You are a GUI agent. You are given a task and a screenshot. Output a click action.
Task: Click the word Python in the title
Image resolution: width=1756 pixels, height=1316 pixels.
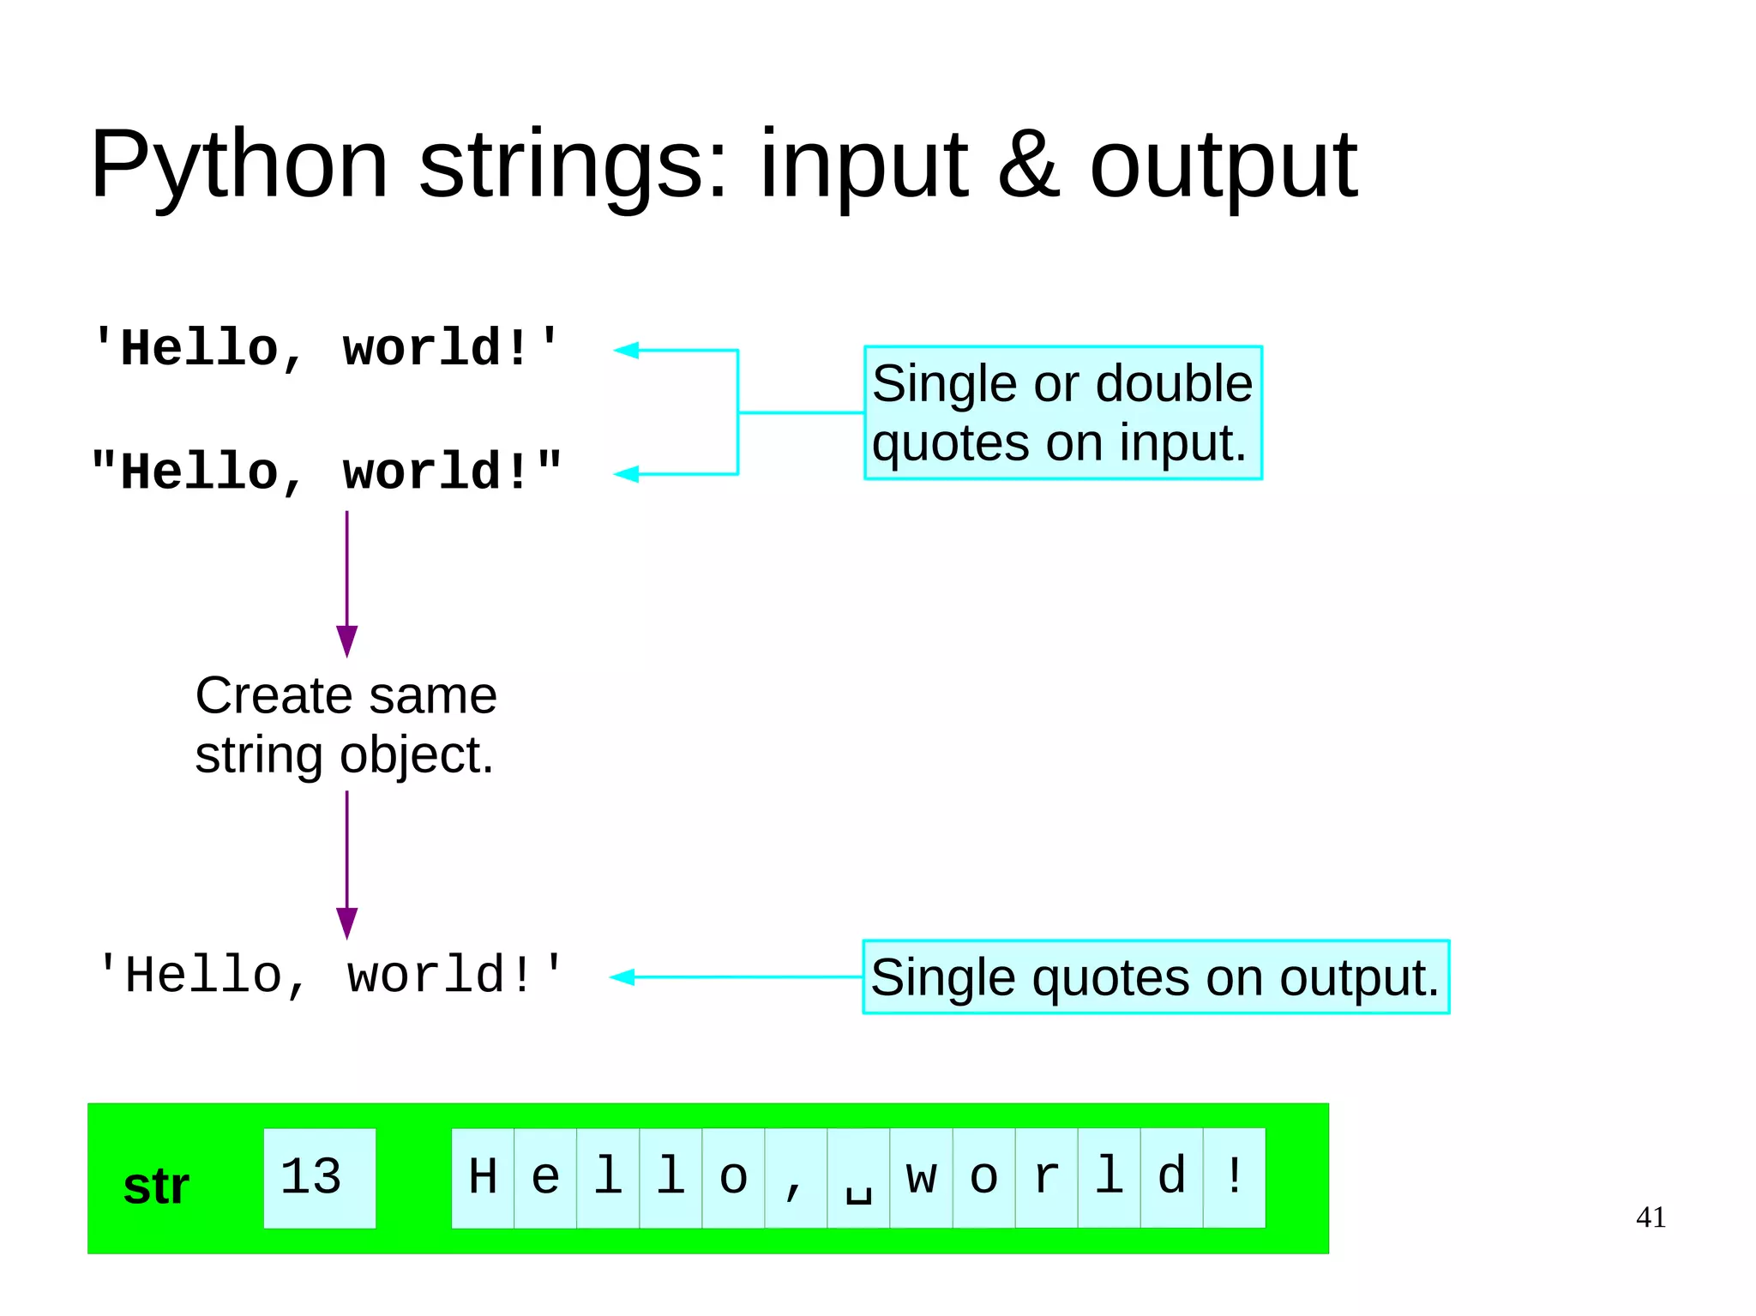click(x=239, y=164)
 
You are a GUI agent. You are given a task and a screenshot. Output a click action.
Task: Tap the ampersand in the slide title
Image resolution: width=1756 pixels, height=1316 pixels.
click(x=1028, y=164)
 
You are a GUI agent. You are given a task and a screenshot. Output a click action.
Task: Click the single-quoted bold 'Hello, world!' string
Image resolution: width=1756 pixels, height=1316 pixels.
click(x=326, y=349)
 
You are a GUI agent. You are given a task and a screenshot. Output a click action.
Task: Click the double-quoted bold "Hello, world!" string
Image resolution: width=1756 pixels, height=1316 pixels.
click(x=326, y=472)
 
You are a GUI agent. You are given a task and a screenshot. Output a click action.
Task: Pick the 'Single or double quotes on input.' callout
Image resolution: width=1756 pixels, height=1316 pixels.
click(x=1062, y=412)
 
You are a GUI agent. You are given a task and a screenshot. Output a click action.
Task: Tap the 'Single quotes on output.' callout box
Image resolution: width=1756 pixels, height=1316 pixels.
click(x=1155, y=976)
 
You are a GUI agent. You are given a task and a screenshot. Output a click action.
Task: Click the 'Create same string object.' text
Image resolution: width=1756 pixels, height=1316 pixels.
click(x=346, y=724)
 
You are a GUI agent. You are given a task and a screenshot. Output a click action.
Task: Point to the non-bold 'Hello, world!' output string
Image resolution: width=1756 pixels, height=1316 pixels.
click(x=330, y=975)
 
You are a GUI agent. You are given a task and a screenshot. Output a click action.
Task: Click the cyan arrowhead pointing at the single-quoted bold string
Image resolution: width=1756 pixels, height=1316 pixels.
click(x=626, y=350)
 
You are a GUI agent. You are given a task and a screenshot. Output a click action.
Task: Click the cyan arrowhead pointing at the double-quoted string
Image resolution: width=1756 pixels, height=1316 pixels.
click(x=626, y=473)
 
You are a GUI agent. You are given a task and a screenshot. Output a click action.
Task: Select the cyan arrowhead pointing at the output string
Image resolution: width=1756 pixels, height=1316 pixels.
click(x=622, y=976)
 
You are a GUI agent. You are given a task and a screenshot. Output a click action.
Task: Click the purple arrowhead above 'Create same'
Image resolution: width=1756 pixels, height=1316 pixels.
click(x=346, y=640)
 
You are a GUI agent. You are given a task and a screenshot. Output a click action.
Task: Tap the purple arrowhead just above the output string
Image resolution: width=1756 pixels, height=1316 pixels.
click(x=346, y=922)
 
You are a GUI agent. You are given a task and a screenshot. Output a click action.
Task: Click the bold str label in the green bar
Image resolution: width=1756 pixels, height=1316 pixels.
click(x=156, y=1187)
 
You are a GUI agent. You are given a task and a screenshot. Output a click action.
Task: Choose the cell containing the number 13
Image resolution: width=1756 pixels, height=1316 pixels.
click(x=319, y=1177)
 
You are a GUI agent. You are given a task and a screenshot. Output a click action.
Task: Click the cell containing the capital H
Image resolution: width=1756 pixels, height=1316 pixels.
click(x=483, y=1177)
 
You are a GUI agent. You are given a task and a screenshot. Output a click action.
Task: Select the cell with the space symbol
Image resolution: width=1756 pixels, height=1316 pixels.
click(x=858, y=1177)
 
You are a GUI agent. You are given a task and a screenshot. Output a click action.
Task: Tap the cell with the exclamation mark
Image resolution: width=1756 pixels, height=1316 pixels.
click(x=1235, y=1177)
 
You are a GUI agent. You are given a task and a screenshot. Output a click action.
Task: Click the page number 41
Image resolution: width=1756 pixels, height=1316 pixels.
click(x=1651, y=1217)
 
